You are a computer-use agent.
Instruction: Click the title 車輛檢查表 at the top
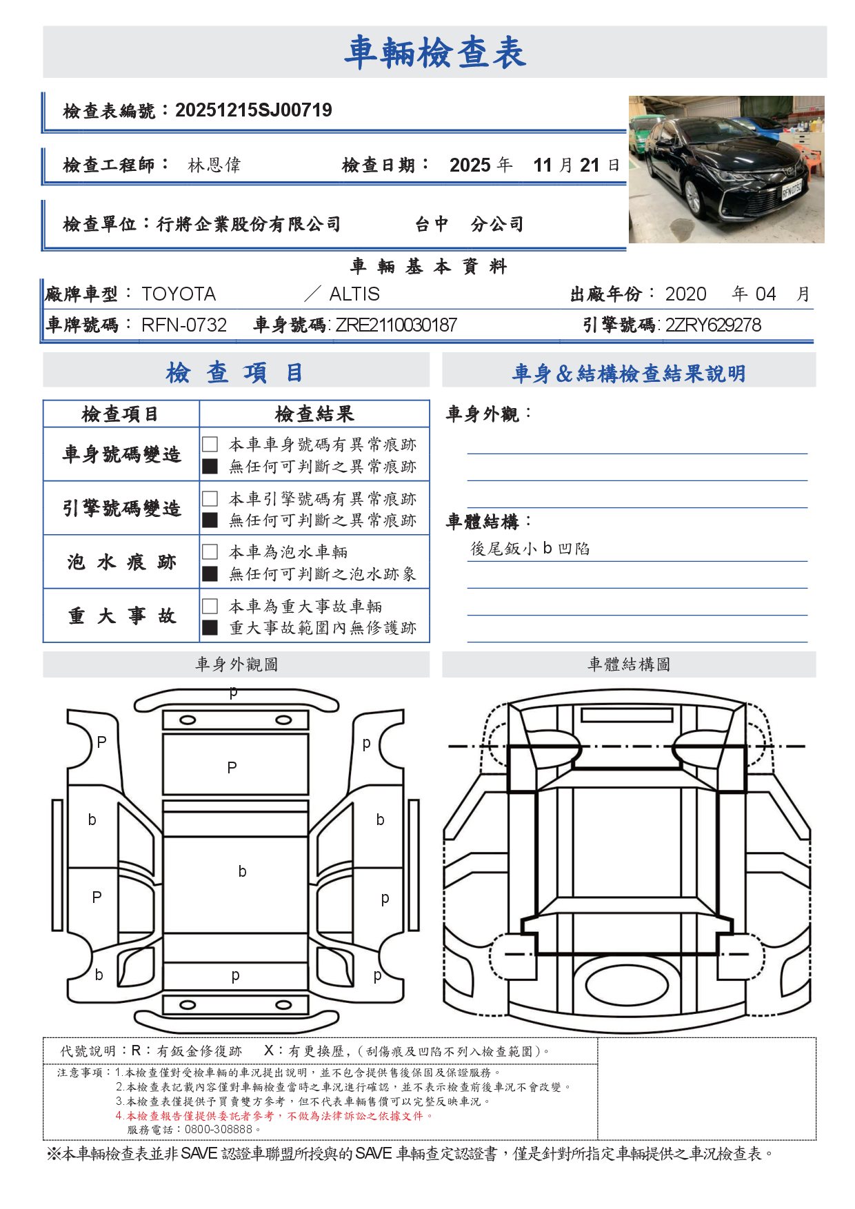point(435,52)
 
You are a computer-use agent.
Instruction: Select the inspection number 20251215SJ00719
point(254,110)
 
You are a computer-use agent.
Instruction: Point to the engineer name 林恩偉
point(214,165)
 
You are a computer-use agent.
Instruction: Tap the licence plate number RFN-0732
point(184,325)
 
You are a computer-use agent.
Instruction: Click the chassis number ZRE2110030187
point(396,325)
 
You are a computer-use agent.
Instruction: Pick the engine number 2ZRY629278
point(713,325)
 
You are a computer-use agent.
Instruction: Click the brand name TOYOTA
point(179,294)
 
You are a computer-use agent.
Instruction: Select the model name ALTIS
point(354,294)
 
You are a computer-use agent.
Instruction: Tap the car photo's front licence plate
point(792,189)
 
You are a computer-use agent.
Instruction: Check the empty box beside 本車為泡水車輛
point(210,552)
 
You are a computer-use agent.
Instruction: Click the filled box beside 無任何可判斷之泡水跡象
point(210,574)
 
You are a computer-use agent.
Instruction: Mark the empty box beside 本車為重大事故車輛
point(210,606)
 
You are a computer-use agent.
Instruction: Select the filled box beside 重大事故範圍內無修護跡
point(210,628)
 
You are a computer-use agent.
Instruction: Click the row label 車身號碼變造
point(121,454)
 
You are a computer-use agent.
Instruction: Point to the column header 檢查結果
point(314,414)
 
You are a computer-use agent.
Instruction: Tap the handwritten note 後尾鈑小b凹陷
point(530,549)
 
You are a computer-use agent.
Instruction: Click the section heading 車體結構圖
point(629,664)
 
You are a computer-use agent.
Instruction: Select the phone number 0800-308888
point(219,1130)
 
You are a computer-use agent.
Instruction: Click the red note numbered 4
point(274,1116)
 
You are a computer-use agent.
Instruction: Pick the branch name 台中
point(432,225)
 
